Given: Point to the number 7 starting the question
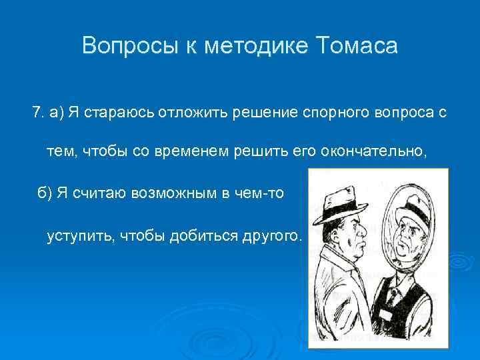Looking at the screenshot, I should (36, 112).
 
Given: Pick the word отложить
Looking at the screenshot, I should (193, 112).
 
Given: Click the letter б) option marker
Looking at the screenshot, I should (44, 193).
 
